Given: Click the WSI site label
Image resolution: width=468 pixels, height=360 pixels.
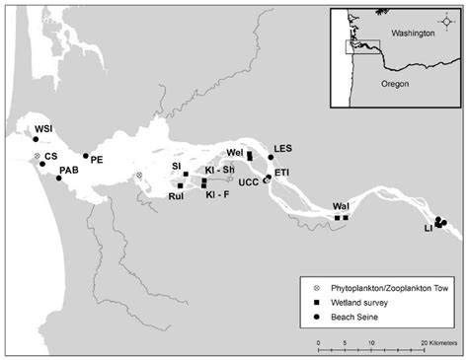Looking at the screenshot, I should tap(44, 129).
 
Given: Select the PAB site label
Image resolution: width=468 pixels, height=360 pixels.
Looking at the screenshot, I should tap(68, 170).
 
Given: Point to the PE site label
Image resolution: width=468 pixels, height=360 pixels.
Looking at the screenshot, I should tap(97, 161).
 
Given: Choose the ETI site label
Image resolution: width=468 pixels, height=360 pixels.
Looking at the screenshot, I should tap(281, 173).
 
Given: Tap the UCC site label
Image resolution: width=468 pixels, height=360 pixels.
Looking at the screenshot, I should tap(248, 181).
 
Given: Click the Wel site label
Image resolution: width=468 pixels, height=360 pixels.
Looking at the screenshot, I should tap(234, 153).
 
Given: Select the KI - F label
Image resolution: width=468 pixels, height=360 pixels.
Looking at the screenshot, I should tap(217, 195).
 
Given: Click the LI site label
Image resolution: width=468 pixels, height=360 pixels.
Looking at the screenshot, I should tap(429, 228).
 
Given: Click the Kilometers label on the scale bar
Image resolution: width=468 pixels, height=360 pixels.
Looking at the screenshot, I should tap(435, 344).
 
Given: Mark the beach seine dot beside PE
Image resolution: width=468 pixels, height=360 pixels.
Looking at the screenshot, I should tap(86, 156).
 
